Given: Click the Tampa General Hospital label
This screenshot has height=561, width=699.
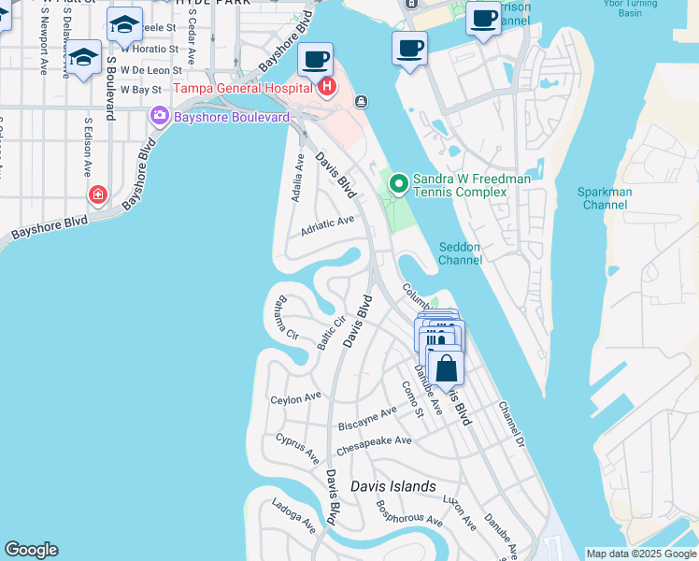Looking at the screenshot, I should (x=242, y=89).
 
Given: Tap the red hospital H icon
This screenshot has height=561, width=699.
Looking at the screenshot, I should (x=327, y=89).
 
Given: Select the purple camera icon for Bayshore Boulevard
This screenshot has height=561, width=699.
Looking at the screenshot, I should (x=158, y=115).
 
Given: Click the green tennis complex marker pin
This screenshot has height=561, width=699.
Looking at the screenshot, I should (x=399, y=183).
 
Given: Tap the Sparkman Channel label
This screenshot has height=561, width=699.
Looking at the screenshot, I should (x=605, y=198).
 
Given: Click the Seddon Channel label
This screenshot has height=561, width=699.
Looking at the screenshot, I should (x=460, y=253).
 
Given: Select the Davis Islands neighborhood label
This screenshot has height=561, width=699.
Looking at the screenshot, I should (x=392, y=486).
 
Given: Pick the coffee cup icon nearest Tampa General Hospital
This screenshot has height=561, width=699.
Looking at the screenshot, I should (x=315, y=61).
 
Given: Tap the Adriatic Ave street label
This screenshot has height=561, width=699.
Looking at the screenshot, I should (x=327, y=225).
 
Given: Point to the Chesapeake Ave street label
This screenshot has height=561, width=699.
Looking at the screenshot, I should (x=374, y=446).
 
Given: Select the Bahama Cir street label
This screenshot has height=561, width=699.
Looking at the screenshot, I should (x=286, y=321).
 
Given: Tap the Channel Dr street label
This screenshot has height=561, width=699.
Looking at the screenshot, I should (x=512, y=423).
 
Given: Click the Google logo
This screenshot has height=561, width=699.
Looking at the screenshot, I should (x=31, y=550).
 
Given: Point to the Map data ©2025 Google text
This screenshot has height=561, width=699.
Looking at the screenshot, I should (x=641, y=554).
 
